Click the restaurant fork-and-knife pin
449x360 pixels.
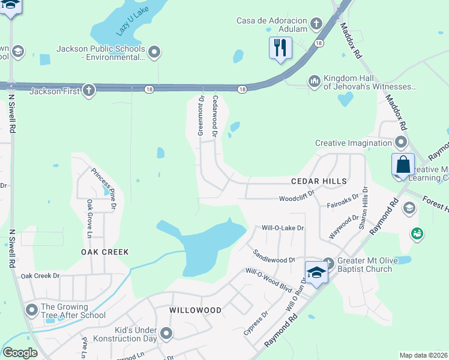click(x=280, y=47)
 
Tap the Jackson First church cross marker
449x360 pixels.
click(x=88, y=91)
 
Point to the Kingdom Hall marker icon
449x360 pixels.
click(x=314, y=81)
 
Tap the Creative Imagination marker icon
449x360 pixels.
click(x=401, y=143)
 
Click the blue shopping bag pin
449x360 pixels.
click(x=403, y=164)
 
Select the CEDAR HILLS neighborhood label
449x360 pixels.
click(x=319, y=181)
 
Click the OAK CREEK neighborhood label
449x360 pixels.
click(x=105, y=252)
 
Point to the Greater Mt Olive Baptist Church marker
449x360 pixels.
click(x=328, y=263)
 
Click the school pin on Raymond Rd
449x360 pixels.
click(x=316, y=272)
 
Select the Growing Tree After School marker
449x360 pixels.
click(x=32, y=310)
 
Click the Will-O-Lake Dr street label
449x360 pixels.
click(x=283, y=228)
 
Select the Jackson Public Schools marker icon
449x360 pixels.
click(x=155, y=52)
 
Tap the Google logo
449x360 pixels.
click(x=19, y=353)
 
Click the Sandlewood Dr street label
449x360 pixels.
click(x=274, y=256)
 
